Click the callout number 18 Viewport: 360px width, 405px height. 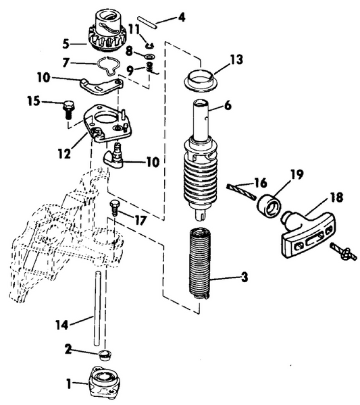pos(336,198)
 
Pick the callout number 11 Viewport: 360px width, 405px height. pos(134,30)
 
